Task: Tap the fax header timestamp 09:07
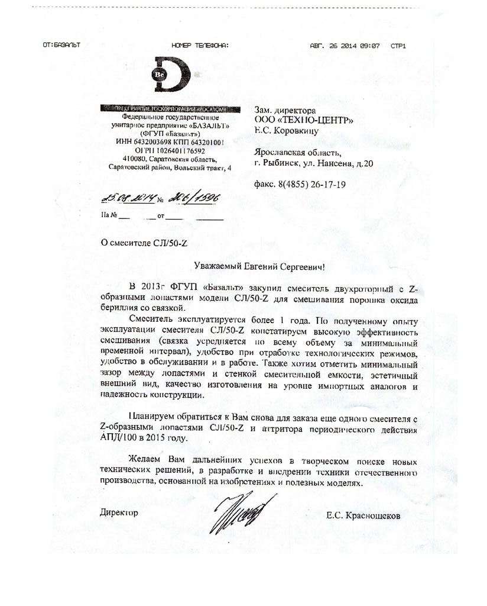pyautogui.click(x=368, y=45)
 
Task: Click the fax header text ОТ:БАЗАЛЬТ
pyautogui.click(x=61, y=45)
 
